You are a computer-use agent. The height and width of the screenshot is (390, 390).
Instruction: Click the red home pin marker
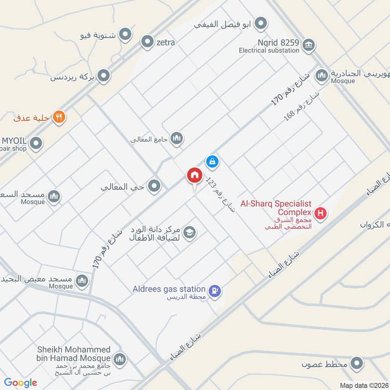(x=194, y=175)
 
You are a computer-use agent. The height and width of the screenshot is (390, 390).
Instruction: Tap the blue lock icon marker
(x=212, y=160)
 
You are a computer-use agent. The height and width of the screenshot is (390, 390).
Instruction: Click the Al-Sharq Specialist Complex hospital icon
(x=320, y=213)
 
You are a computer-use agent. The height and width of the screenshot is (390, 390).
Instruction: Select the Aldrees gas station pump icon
(x=214, y=291)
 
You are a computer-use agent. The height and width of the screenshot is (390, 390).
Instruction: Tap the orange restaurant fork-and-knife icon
(x=59, y=117)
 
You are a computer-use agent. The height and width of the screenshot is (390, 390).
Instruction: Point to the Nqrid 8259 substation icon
(x=308, y=46)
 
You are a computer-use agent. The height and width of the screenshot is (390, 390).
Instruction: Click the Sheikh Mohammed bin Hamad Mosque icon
(x=120, y=360)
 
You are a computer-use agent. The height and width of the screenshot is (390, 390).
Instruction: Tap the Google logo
(x=20, y=383)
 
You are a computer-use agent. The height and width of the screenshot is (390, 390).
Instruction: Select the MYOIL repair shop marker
(x=36, y=143)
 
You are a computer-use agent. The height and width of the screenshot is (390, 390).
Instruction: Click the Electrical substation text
(x=269, y=50)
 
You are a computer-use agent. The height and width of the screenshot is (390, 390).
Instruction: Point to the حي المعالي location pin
(x=155, y=186)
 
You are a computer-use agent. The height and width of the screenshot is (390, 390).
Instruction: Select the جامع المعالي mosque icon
(x=176, y=139)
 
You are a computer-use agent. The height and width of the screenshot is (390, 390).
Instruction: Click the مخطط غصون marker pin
(x=357, y=364)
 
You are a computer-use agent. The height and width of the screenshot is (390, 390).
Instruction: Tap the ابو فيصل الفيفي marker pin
(x=261, y=23)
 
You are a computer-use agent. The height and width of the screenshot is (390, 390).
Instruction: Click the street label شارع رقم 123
(x=220, y=195)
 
